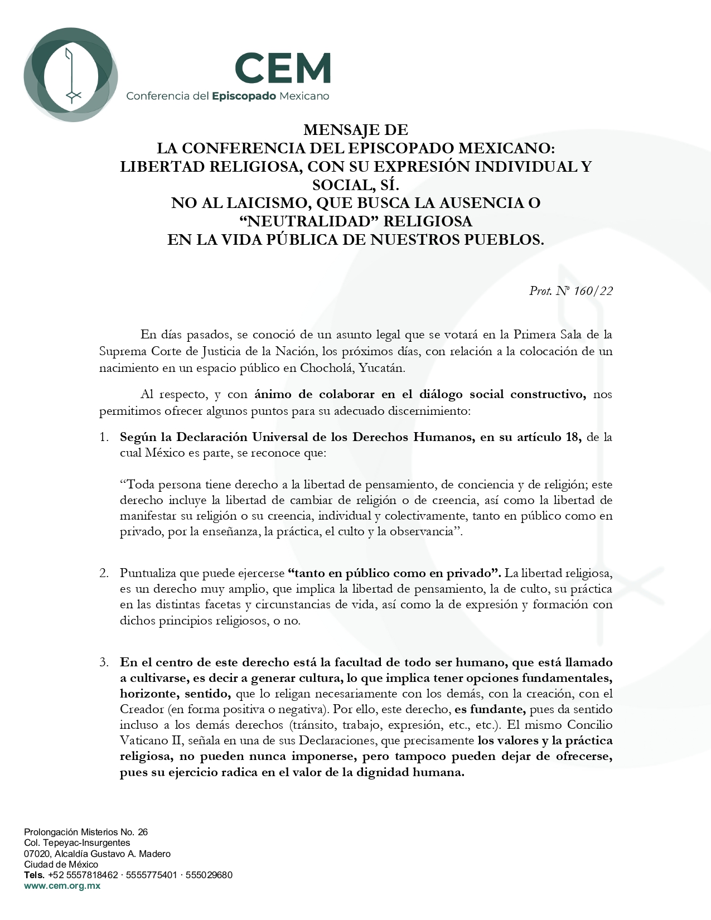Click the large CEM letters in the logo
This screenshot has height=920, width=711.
pyautogui.click(x=283, y=67)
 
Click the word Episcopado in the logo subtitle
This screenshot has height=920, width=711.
pyautogui.click(x=244, y=96)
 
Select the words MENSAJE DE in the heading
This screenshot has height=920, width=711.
pyautogui.click(x=356, y=130)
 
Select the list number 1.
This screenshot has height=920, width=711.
pyautogui.click(x=104, y=437)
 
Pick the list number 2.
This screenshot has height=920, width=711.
pyautogui.click(x=104, y=573)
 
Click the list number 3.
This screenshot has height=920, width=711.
pyautogui.click(x=104, y=663)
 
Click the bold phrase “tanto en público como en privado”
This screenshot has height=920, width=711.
pyautogui.click(x=394, y=573)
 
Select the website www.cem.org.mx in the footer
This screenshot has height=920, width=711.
pyautogui.click(x=62, y=886)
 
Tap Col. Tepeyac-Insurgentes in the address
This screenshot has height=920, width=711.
pyautogui.click(x=77, y=843)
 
